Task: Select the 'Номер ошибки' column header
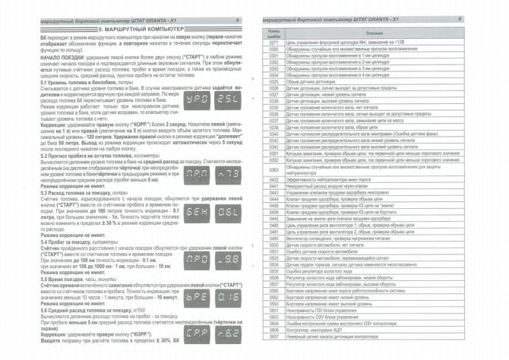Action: [x=275, y=32]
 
